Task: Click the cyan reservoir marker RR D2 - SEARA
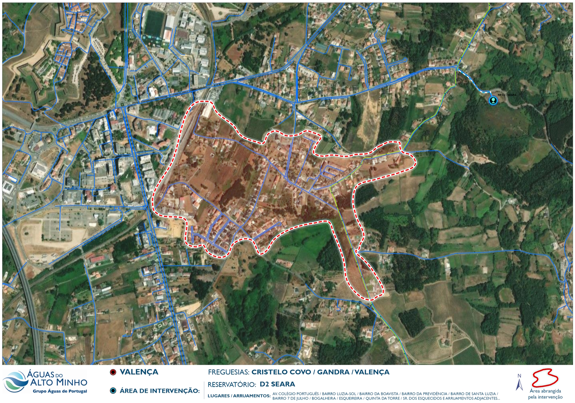click(493, 100)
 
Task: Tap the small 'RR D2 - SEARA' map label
click(507, 95)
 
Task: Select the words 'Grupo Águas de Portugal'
click(60, 391)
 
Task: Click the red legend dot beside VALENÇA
click(113, 372)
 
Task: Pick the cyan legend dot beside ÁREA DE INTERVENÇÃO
click(113, 391)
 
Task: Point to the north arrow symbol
click(519, 382)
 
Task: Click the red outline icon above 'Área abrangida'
click(544, 378)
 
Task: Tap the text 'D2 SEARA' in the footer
click(277, 384)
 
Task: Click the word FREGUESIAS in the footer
click(228, 372)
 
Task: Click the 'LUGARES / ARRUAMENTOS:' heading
click(239, 396)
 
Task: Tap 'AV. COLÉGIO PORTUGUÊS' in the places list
click(296, 394)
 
